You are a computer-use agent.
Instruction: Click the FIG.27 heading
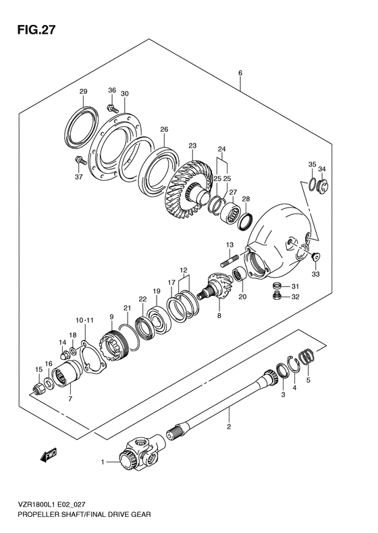(36, 30)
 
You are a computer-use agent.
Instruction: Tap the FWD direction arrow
(48, 455)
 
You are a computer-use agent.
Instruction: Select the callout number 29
(84, 91)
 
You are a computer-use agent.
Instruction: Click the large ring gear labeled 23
(188, 189)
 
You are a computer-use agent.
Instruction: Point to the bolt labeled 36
(112, 108)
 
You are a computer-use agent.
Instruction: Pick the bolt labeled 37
(80, 159)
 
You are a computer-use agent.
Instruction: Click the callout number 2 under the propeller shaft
(229, 427)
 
